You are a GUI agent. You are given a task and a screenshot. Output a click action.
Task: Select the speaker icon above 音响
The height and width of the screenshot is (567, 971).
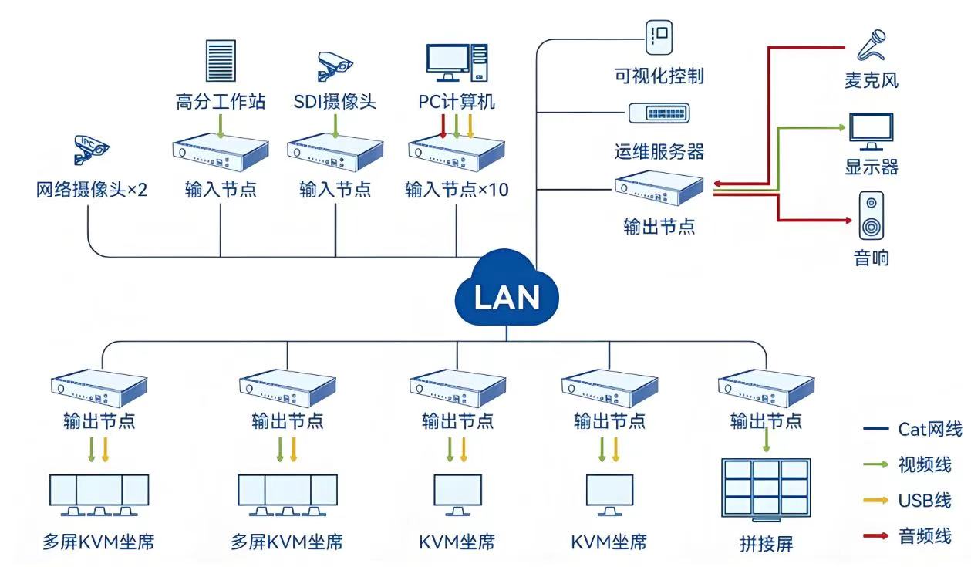tap(871, 216)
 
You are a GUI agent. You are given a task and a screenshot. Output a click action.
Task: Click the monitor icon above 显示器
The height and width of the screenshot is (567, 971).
tap(871, 132)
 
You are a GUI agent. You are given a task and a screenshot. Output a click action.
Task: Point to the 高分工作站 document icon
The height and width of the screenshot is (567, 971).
tap(221, 60)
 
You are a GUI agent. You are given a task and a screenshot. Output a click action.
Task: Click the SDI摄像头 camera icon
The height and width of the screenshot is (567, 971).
tap(335, 66)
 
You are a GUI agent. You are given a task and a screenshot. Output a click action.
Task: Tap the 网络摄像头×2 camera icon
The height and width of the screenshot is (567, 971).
tap(91, 149)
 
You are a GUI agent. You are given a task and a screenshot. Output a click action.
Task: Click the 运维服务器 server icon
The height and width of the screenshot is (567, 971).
tap(659, 113)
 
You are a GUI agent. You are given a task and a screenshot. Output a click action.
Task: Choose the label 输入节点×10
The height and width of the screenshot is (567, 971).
tap(457, 190)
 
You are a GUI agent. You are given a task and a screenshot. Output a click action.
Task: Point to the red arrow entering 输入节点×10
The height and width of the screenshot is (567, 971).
tap(443, 127)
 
